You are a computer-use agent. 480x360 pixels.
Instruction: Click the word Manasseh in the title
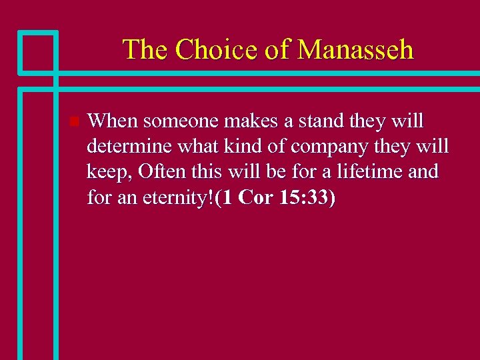point(355,49)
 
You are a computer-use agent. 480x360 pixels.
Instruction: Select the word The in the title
point(144,49)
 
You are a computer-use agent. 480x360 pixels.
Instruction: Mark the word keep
point(111,173)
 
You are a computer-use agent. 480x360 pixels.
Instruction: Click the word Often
point(161,172)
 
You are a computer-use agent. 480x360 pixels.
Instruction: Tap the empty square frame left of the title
point(38,51)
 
